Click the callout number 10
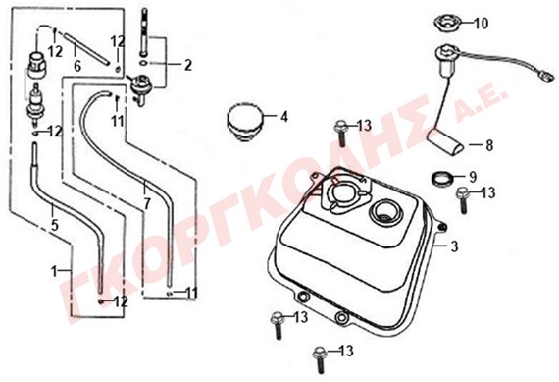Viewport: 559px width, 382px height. tap(481, 24)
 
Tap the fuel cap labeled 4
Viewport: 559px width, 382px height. tap(245, 122)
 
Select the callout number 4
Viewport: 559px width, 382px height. tap(284, 117)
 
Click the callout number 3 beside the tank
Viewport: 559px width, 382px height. tap(454, 246)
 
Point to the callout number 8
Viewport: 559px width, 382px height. tap(489, 145)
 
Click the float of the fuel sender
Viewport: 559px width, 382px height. tap(446, 141)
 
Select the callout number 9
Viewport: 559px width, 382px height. tap(473, 177)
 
